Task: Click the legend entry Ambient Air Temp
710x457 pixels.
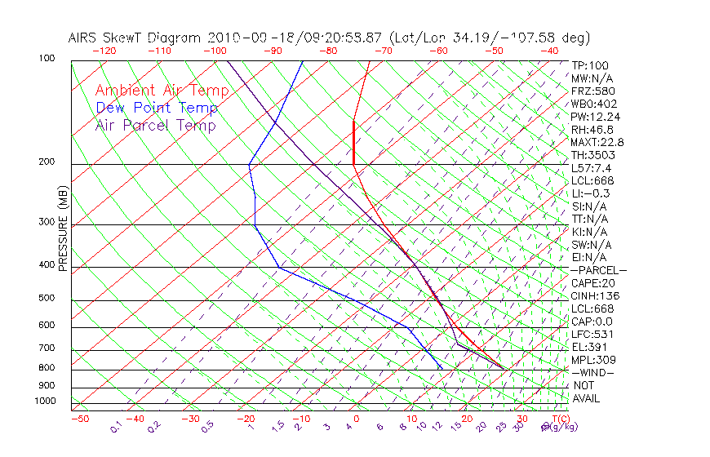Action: pyautogui.click(x=162, y=91)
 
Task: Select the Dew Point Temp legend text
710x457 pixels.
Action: pyautogui.click(x=157, y=108)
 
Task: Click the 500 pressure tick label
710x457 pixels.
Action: pyautogui.click(x=46, y=299)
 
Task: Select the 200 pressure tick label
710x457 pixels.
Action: pyautogui.click(x=46, y=162)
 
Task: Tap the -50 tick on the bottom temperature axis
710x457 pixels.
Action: pyautogui.click(x=79, y=419)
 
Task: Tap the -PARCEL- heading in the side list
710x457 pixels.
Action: pyautogui.click(x=598, y=270)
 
